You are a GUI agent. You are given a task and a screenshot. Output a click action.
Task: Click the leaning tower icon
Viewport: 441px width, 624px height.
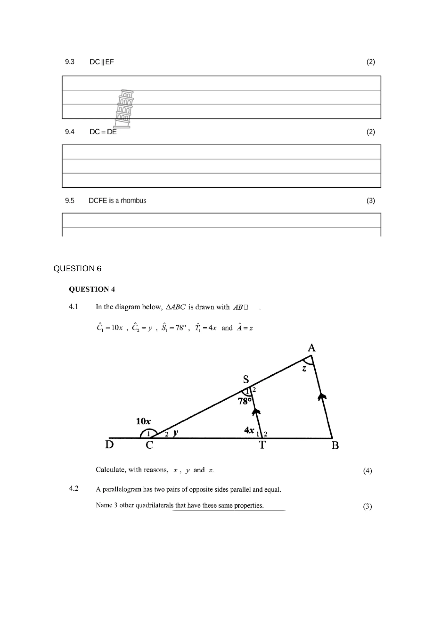[124, 109]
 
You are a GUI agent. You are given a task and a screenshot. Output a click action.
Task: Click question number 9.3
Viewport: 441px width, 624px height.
[70, 62]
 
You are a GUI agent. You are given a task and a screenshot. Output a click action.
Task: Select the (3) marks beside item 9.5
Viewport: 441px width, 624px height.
[371, 201]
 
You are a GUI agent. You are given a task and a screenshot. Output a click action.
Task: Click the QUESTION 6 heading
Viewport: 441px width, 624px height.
[78, 269]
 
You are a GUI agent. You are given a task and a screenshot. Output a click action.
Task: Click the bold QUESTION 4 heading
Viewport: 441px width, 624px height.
[92, 289]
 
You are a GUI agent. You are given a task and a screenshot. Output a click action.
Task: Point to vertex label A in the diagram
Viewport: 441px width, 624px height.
[311, 348]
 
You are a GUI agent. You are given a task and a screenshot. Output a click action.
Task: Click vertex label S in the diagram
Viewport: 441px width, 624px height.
[246, 379]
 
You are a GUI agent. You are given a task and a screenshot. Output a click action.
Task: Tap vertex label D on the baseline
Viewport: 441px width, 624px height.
[109, 445]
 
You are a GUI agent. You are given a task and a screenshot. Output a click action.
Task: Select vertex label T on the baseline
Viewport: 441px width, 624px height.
[262, 445]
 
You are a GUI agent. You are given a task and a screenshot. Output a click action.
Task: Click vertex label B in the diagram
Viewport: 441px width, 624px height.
[335, 445]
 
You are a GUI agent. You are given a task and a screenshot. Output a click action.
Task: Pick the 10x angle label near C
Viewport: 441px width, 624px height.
[143, 422]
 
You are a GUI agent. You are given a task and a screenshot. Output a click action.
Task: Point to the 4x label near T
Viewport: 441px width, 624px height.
[249, 430]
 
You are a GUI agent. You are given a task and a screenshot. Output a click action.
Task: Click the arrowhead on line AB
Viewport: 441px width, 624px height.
[322, 397]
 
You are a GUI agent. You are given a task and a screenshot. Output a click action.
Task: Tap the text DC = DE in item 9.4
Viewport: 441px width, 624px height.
[103, 132]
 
